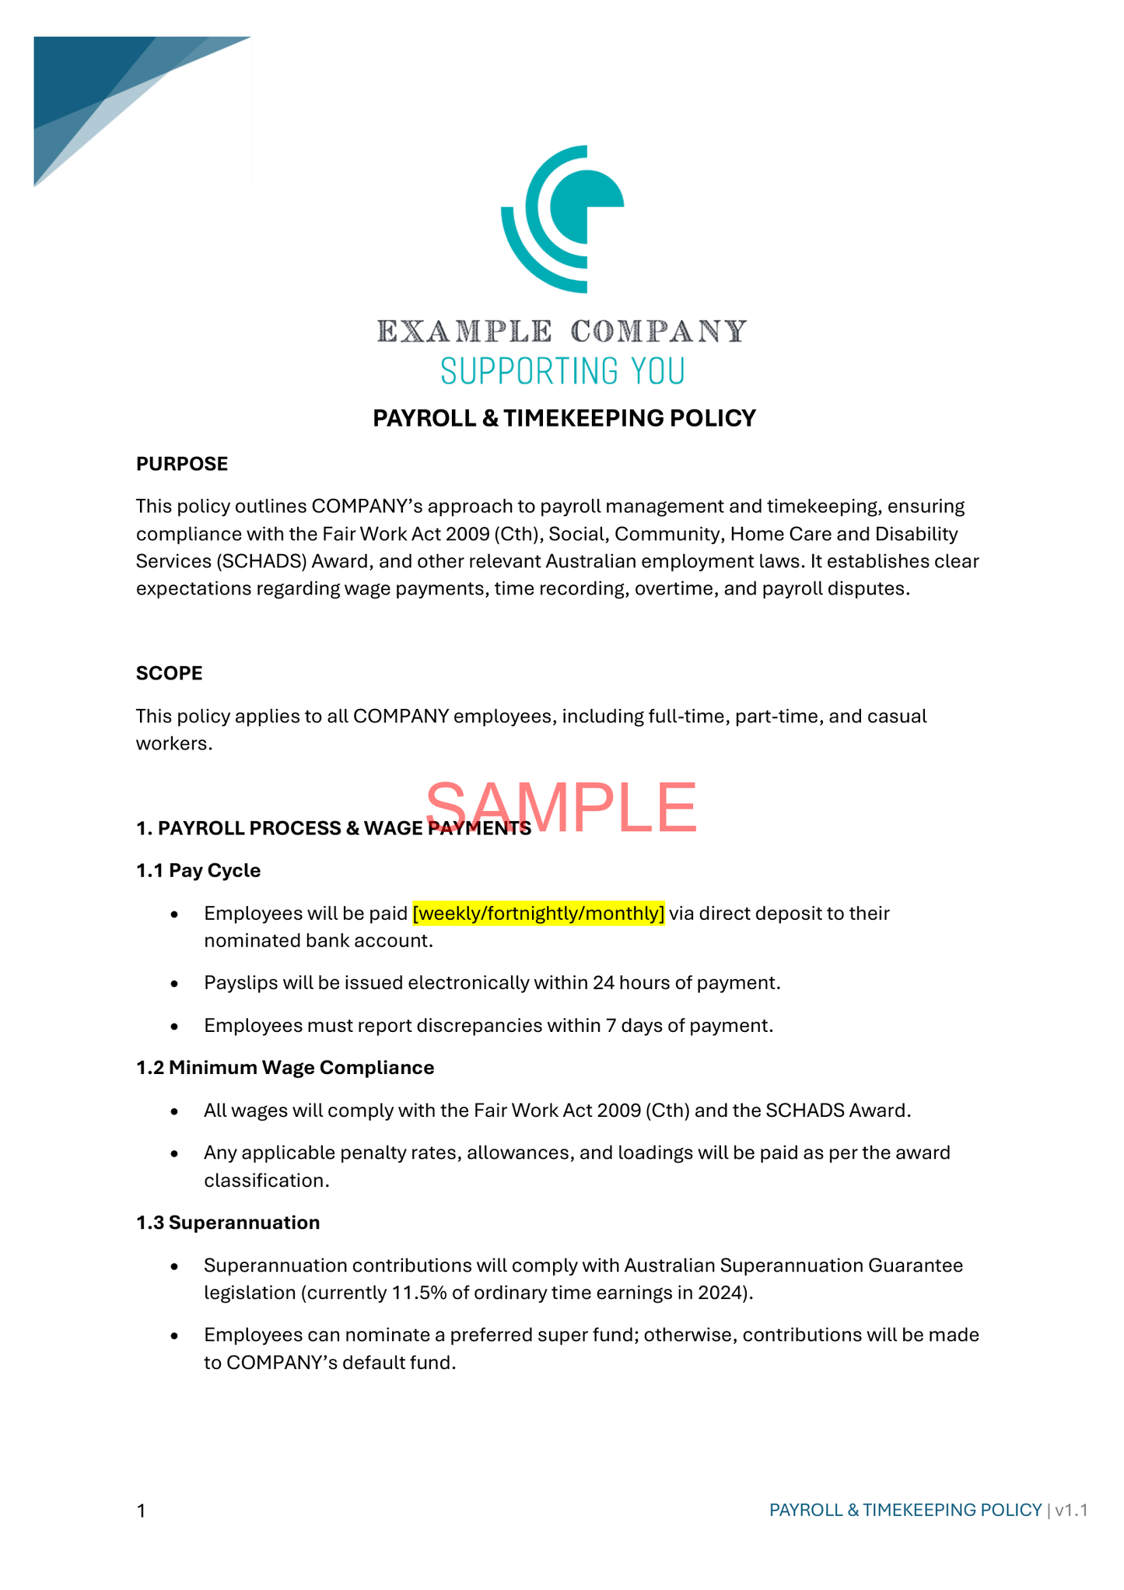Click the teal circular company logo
(x=562, y=219)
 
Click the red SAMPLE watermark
(x=562, y=807)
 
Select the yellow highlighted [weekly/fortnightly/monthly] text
(x=538, y=913)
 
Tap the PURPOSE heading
(x=182, y=464)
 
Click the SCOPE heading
(x=169, y=673)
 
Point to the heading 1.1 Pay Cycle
(x=198, y=870)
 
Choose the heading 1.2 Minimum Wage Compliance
(x=285, y=1068)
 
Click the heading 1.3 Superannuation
(x=228, y=1223)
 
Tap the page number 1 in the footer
(x=141, y=1511)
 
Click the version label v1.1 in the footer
(x=1071, y=1511)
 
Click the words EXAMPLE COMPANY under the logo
(x=562, y=332)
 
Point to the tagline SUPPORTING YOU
(x=562, y=371)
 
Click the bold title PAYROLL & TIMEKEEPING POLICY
(x=564, y=419)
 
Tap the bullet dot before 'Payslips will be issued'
(x=175, y=984)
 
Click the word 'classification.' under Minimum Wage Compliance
(x=267, y=1181)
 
